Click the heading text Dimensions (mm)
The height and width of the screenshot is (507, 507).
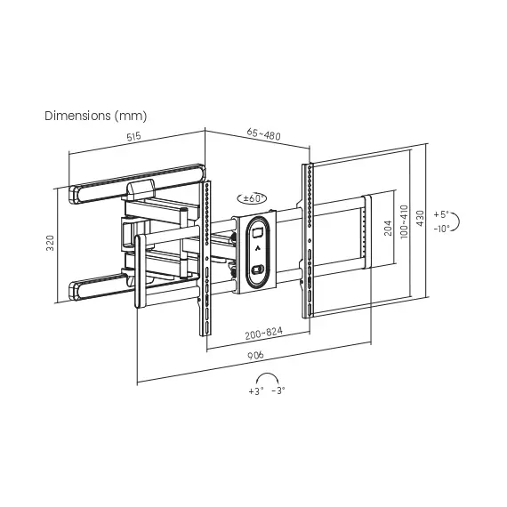[x=96, y=116]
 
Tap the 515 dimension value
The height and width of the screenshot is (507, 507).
[x=133, y=136]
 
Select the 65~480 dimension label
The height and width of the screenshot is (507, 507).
[x=263, y=133]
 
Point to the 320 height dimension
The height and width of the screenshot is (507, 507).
[x=50, y=243]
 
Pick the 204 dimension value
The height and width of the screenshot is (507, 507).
[x=388, y=228]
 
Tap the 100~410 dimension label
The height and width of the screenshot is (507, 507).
[x=404, y=221]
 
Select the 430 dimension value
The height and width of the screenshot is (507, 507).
[x=420, y=218]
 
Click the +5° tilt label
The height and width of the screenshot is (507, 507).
[x=441, y=214]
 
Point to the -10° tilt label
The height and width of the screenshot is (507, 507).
[x=442, y=229]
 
